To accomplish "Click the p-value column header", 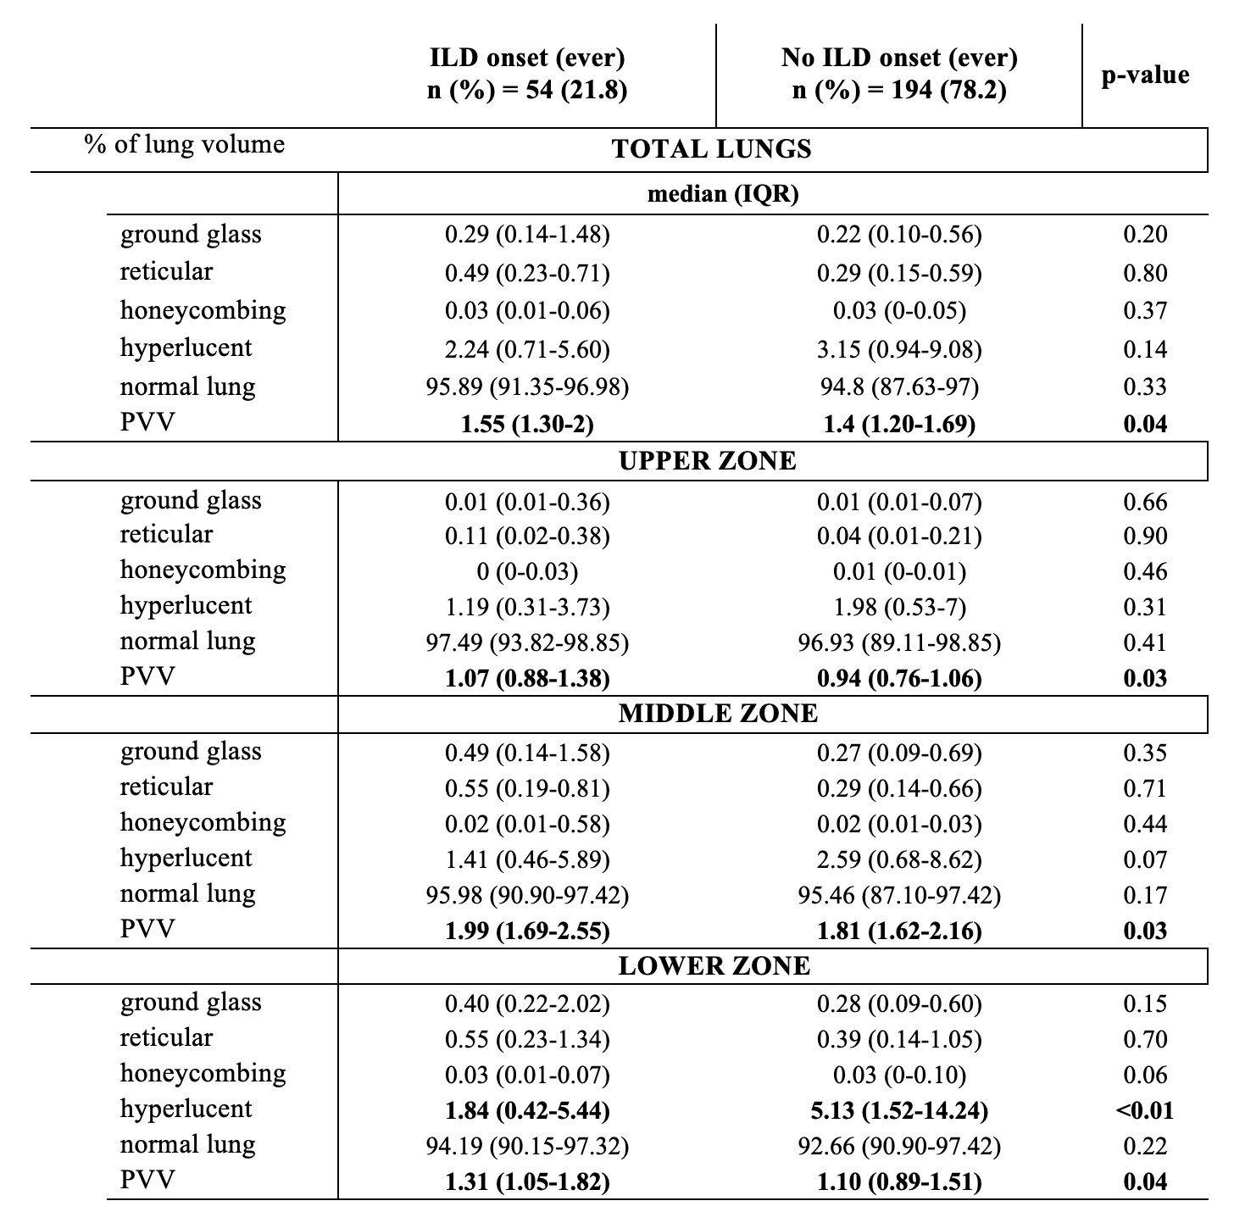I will pos(1145,75).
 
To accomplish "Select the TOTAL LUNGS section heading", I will pos(711,149).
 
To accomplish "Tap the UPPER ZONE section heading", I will pos(708,460).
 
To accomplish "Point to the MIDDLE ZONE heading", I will pos(718,713).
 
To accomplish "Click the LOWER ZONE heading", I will pos(714,965).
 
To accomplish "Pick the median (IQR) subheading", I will pos(723,194).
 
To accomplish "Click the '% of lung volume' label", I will pos(184,144).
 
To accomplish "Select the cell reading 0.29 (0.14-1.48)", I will pos(527,235).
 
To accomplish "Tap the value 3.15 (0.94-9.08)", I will pos(899,349).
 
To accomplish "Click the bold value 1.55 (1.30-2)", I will pos(527,424).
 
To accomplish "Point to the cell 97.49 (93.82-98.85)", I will pos(527,642).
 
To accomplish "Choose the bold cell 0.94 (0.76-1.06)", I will pos(899,678).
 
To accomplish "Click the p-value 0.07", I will pos(1145,859).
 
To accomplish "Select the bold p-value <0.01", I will pos(1145,1109).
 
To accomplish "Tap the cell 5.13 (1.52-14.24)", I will pos(899,1109).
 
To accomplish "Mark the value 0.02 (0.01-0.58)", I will pos(527,824).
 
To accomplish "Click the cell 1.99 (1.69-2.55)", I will pos(527,931).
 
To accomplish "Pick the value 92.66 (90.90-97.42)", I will pos(899,1146).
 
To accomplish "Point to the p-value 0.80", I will pos(1145,273).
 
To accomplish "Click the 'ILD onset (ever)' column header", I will pos(527,58).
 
